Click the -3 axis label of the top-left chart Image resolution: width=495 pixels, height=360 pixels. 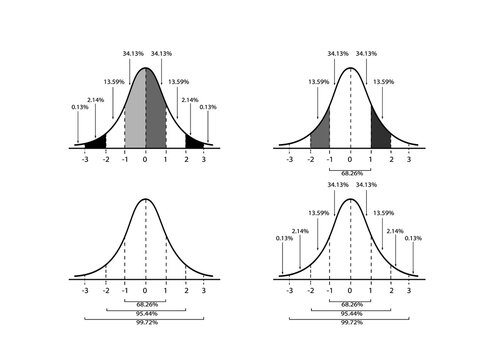tap(85, 159)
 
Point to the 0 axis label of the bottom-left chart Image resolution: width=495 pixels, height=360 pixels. tap(145, 290)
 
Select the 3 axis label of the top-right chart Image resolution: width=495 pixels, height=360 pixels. tap(410, 159)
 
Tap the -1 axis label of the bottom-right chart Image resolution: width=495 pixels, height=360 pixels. tap(330, 290)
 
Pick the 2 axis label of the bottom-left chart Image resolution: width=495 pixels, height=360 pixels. tap(185, 290)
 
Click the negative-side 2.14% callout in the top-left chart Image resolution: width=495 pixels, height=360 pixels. tap(95, 100)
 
